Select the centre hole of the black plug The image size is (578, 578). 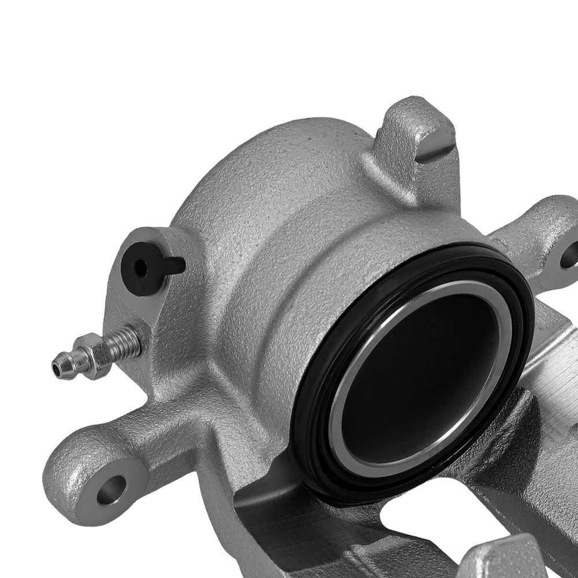(140, 267)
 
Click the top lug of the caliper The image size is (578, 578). (410, 139)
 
